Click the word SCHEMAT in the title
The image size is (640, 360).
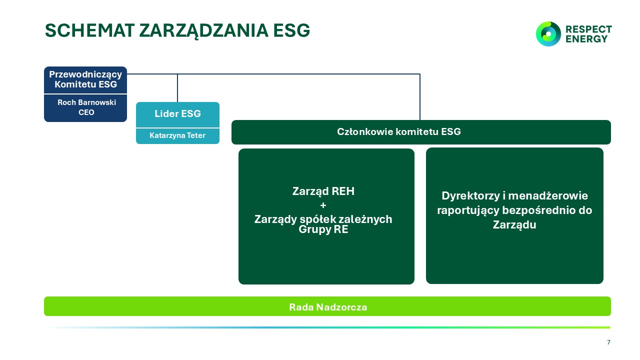tap(89, 30)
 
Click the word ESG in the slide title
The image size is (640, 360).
tap(291, 30)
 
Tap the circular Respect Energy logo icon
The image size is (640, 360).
tap(548, 34)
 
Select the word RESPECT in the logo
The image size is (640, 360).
tap(588, 29)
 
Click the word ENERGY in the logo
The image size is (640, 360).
tap(586, 39)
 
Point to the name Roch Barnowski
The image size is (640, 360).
tap(87, 102)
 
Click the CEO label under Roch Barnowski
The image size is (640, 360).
tap(86, 112)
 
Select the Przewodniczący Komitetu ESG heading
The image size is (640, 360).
tap(85, 79)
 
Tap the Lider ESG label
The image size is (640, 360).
tap(177, 113)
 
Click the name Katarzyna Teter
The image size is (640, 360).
tap(177, 135)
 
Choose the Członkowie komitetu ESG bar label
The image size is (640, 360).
tap(399, 131)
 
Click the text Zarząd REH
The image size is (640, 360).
tap(323, 191)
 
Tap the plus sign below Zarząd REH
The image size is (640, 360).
tap(323, 205)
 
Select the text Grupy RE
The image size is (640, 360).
tap(323, 229)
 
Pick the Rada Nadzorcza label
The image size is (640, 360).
tap(328, 307)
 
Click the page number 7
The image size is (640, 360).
tap(608, 342)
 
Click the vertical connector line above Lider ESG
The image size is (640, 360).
tap(177, 88)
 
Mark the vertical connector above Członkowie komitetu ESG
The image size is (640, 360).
tap(419, 97)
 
